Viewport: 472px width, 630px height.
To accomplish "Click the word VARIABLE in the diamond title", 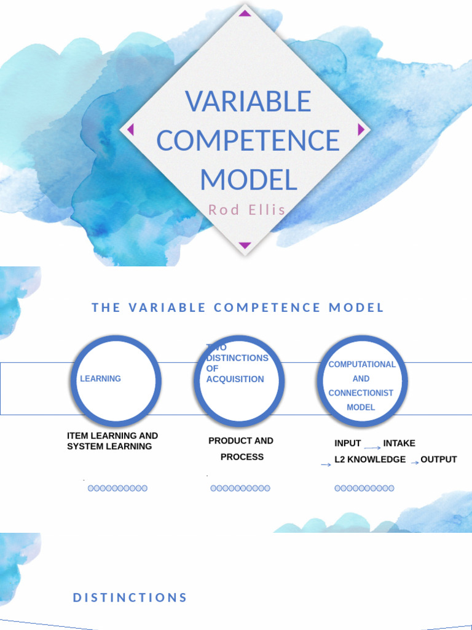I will tap(248, 102).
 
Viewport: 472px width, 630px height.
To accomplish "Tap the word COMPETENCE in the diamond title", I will tap(248, 140).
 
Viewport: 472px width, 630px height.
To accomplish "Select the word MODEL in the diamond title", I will tap(248, 180).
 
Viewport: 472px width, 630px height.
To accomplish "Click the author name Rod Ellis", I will tap(247, 210).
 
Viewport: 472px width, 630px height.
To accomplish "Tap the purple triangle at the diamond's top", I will tap(245, 13).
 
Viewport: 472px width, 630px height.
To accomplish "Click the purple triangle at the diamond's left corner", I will tap(130, 129).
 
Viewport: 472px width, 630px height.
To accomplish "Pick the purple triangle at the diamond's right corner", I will tap(361, 129).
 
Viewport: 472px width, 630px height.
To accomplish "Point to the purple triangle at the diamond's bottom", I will tap(245, 245).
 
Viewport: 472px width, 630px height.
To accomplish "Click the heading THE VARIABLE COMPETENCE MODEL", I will tap(238, 308).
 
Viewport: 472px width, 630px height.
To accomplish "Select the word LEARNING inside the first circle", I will tap(100, 379).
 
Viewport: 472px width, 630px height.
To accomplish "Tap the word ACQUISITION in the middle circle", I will tap(235, 379).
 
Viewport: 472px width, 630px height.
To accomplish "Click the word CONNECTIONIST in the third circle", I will tap(361, 393).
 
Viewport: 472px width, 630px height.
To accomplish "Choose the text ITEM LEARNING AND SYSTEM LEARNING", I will tap(112, 441).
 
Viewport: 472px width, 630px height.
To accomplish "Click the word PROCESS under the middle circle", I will tap(242, 457).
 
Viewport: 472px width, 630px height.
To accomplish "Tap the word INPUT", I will tap(347, 443).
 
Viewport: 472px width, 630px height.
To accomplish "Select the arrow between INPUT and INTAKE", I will tap(372, 447).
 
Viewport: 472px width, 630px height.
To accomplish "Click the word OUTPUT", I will tap(439, 460).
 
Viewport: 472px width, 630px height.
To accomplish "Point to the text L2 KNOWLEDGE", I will tap(370, 460).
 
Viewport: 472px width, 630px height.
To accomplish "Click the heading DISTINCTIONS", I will tap(130, 597).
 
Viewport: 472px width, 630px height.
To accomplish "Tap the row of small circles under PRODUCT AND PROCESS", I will tap(240, 488).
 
